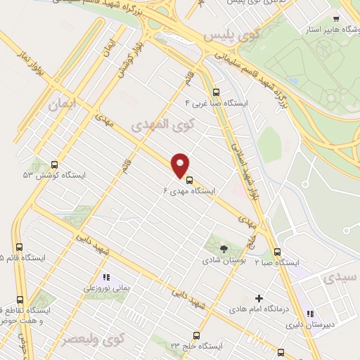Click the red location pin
181,165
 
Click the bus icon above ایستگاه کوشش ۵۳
56,163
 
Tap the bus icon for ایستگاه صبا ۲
277,252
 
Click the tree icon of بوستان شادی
224,248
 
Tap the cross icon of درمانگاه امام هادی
259,298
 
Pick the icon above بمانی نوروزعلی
107,276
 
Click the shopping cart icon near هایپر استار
336,19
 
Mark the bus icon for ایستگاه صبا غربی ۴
216,91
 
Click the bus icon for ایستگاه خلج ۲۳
196,336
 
